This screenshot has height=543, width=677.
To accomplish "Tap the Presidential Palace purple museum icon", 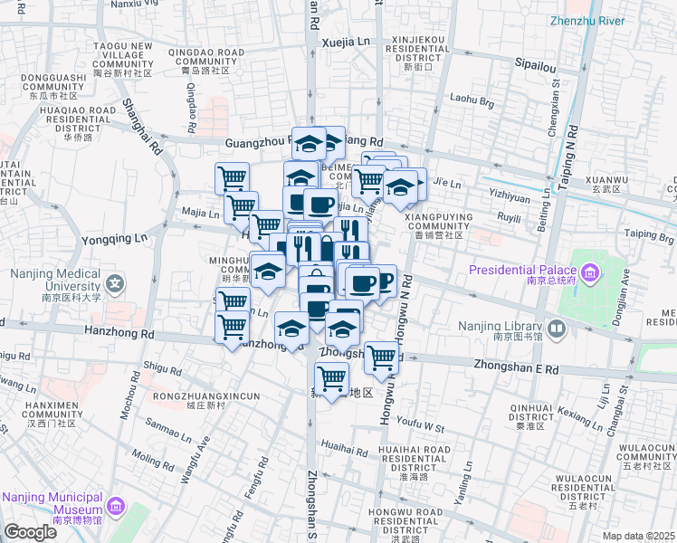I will coord(590,271).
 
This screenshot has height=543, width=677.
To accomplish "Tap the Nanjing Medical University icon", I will coord(117,285).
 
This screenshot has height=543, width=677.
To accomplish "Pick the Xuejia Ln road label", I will coord(348,42).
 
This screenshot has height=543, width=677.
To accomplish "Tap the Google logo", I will coord(30,532).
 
